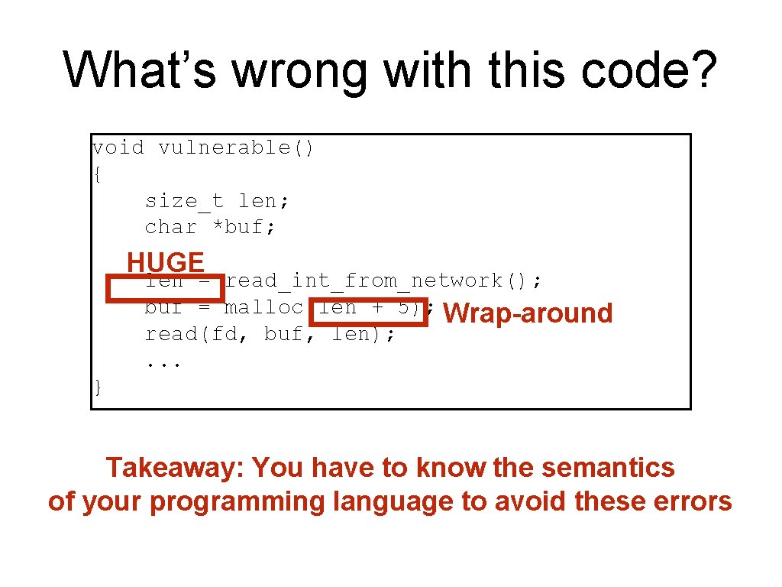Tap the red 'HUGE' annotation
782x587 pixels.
(165, 262)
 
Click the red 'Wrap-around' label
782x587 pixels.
(528, 313)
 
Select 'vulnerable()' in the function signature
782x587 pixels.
(236, 148)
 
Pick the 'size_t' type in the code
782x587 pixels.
(184, 201)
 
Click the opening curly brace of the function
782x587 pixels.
(96, 174)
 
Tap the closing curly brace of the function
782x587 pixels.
(97, 388)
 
